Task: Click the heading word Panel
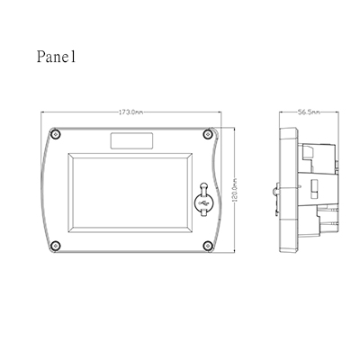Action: [x=56, y=56]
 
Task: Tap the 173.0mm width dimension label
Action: [x=131, y=112]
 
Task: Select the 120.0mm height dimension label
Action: [x=235, y=190]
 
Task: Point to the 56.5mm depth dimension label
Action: [x=309, y=112]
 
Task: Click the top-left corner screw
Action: [x=55, y=134]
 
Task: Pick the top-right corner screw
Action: [x=207, y=134]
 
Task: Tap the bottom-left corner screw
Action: [x=55, y=246]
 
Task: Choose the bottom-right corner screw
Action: [x=207, y=246]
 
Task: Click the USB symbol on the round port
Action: [x=203, y=203]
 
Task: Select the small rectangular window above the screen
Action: [x=131, y=140]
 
